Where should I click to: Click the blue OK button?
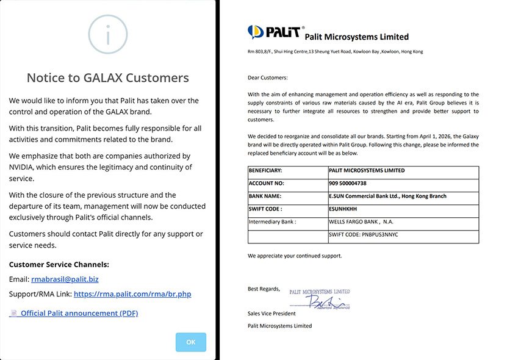[190, 342]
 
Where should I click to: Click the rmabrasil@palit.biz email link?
[65, 279]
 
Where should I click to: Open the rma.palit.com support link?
[132, 293]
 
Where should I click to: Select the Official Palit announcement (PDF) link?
[79, 313]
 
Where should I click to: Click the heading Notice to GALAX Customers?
[108, 77]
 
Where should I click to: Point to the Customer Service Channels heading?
[59, 264]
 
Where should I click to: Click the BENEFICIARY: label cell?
[265, 170]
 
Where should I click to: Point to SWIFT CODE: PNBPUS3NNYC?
[363, 235]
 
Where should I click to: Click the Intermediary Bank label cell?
[272, 222]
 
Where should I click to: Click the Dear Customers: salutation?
[268, 77]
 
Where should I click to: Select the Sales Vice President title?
[271, 314]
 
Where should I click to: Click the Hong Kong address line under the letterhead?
[335, 51]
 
